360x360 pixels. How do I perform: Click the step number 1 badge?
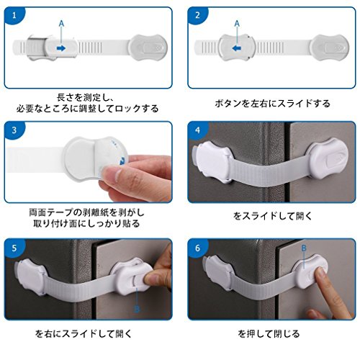[14, 15]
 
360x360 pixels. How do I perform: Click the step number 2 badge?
[197, 15]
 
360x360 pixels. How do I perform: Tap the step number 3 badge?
[14, 130]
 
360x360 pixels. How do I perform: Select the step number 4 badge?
[197, 130]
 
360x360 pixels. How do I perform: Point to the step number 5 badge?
[14, 248]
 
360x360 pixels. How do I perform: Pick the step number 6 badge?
[197, 248]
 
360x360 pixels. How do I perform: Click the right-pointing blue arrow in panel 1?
[61, 48]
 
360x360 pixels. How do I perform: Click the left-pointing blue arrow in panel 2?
[237, 48]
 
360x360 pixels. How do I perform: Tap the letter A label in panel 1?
[61, 24]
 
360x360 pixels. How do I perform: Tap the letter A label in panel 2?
[237, 24]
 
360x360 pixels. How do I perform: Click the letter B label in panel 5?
[137, 309]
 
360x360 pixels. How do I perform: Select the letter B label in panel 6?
[304, 248]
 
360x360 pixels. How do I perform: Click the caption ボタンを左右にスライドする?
[272, 104]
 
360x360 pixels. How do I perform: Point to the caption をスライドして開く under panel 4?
[272, 216]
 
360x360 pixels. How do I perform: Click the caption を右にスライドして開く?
[84, 333]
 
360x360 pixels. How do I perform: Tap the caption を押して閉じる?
[269, 333]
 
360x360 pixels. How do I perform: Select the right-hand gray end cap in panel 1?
[148, 48]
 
